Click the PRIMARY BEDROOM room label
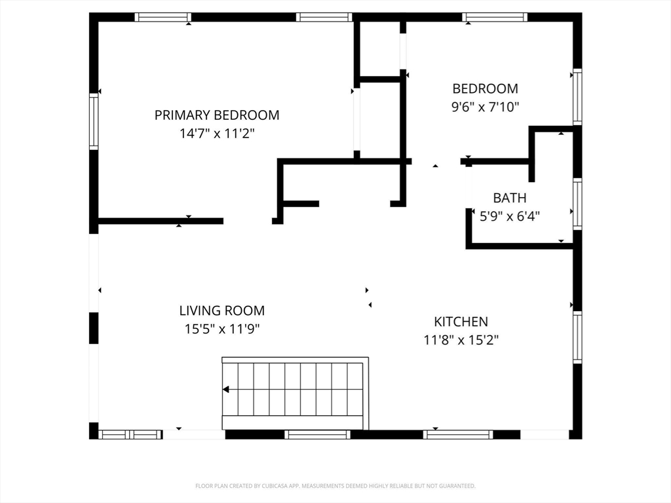(217, 115)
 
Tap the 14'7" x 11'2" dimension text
(217, 134)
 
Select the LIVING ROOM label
(222, 310)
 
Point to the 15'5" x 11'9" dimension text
(222, 329)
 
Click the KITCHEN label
(461, 322)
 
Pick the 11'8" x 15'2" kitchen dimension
(461, 341)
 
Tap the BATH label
(510, 198)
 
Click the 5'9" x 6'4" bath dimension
(510, 216)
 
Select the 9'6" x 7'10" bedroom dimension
(486, 107)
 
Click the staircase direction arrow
(226, 390)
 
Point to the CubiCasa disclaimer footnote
(335, 486)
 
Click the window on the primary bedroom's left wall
(94, 121)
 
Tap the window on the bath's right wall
(577, 204)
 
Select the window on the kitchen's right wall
(577, 337)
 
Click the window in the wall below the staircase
(317, 435)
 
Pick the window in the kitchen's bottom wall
(458, 435)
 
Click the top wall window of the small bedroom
(495, 17)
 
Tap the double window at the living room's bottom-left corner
(130, 435)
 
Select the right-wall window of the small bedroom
(577, 97)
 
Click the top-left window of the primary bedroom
(163, 17)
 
